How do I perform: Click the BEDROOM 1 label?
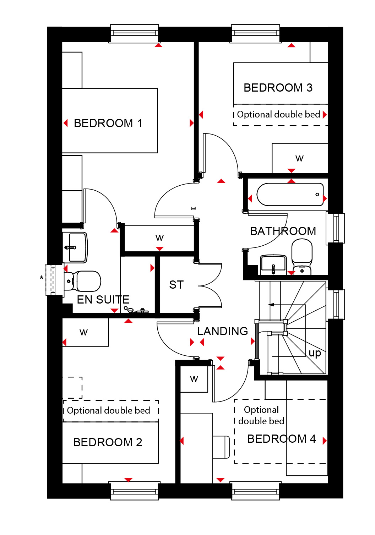click(108, 123)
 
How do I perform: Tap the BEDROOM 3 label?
click(278, 88)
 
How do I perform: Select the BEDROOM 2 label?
click(108, 442)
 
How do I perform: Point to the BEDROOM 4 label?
click(282, 438)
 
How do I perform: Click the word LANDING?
click(223, 331)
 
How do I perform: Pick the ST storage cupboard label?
click(176, 285)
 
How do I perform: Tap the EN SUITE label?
click(103, 300)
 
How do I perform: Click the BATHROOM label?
click(283, 231)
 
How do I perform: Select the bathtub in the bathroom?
click(290, 195)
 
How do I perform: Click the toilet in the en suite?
click(82, 281)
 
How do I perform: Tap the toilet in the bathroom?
click(302, 257)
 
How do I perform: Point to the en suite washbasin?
click(75, 247)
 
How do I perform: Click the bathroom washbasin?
click(273, 265)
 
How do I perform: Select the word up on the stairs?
click(315, 353)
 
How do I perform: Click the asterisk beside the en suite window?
click(42, 278)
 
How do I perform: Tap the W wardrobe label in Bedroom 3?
click(299, 158)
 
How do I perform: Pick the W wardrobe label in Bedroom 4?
click(194, 379)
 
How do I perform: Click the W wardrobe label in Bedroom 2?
click(83, 332)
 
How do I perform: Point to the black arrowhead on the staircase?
click(271, 305)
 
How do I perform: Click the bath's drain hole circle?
click(317, 195)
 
